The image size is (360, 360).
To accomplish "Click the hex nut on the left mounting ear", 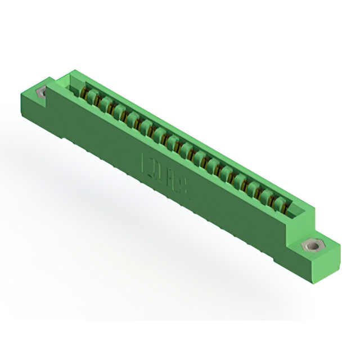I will [x=40, y=92].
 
